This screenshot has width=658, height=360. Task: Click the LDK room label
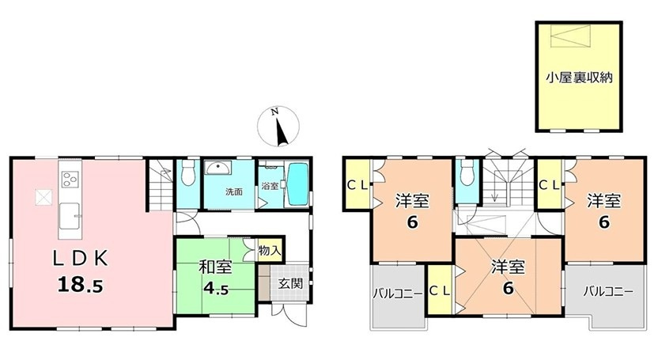click(80, 259)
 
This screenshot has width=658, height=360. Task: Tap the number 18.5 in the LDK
click(80, 286)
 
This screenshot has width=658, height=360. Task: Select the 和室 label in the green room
click(215, 267)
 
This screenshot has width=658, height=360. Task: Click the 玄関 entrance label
click(290, 283)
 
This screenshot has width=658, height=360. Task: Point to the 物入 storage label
click(270, 252)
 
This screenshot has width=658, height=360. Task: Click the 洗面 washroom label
click(234, 192)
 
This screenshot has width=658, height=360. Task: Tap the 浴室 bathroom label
click(270, 185)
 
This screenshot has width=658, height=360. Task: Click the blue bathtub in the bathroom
click(297, 184)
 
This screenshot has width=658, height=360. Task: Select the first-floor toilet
click(187, 172)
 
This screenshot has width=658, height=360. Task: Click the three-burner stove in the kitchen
click(70, 180)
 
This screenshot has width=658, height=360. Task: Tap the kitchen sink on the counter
click(70, 216)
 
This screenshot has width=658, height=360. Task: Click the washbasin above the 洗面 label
click(217, 168)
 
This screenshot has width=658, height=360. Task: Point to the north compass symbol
click(278, 127)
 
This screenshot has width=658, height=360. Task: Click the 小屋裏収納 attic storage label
click(579, 78)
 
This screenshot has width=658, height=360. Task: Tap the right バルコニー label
click(608, 291)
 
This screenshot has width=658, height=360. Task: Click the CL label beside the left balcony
click(440, 291)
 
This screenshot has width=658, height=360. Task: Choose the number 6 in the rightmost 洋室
click(603, 222)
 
